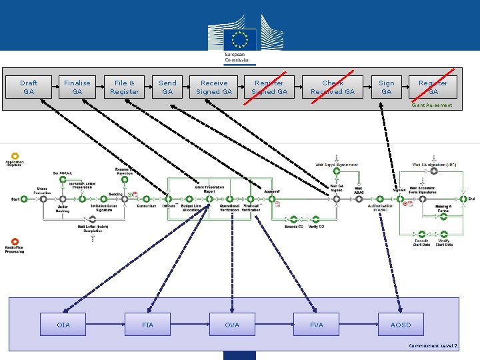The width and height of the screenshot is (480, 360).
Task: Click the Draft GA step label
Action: point(29,87)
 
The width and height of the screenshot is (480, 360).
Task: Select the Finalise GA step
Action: point(77,87)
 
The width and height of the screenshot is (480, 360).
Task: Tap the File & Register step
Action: point(125,87)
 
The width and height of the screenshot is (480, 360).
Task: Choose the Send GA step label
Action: point(167,87)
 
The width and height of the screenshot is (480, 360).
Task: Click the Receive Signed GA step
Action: point(214,87)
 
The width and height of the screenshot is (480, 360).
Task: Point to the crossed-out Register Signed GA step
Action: point(269,87)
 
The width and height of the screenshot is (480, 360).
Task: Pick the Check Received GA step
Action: point(333,87)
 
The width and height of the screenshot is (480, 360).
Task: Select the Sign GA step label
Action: point(387,87)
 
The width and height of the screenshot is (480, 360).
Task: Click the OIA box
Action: point(63,325)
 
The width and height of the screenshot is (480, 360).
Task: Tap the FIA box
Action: point(147,325)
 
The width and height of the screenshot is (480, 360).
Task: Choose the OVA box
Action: point(232,325)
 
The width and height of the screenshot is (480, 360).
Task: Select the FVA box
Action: point(317,325)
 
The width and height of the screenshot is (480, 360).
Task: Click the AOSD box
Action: point(401,325)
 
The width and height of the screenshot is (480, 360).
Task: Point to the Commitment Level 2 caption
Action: point(434,346)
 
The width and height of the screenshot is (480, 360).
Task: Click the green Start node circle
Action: point(24,199)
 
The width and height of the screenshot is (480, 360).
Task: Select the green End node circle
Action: point(463,199)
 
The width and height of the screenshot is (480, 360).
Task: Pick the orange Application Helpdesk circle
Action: point(14,155)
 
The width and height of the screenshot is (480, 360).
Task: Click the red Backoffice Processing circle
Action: point(14,242)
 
